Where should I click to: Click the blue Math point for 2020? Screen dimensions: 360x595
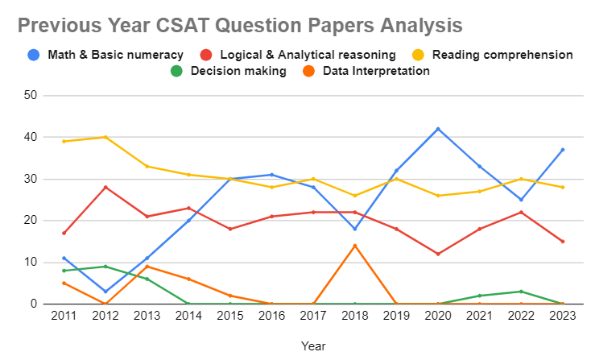[x=438, y=129]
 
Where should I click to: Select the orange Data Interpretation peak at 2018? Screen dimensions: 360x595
[x=354, y=246]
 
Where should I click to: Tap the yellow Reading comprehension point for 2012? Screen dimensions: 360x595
[x=105, y=137]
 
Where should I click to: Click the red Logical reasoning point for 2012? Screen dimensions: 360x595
[x=105, y=187]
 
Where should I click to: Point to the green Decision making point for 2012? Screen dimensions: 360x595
[x=105, y=267]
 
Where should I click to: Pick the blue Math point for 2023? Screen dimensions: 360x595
[x=563, y=150]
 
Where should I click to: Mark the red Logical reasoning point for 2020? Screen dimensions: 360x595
[x=438, y=254]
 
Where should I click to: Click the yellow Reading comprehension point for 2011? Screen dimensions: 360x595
[x=64, y=141]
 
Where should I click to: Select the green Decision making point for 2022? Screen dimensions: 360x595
[x=521, y=292]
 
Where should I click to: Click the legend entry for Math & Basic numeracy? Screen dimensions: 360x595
[x=105, y=55]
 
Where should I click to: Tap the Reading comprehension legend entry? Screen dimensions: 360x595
[x=494, y=55]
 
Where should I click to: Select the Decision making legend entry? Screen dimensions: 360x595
[x=229, y=71]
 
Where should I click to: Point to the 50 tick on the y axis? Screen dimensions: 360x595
[x=33, y=96]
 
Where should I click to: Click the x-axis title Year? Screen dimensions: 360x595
[x=313, y=346]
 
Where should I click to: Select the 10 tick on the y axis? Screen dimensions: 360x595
[x=33, y=263]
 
